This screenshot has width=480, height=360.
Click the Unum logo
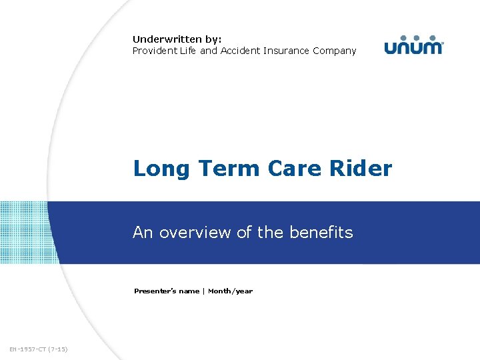point(413,45)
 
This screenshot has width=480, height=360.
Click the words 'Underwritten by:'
point(177,39)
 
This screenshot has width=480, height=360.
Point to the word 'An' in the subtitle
point(142,232)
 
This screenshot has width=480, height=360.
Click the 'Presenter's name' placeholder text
point(166,291)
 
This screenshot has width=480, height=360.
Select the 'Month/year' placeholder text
point(230,291)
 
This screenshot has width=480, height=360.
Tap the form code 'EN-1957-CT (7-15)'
point(39,349)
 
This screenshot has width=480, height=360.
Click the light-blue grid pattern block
point(24,232)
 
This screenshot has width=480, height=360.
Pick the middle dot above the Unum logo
point(413,38)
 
